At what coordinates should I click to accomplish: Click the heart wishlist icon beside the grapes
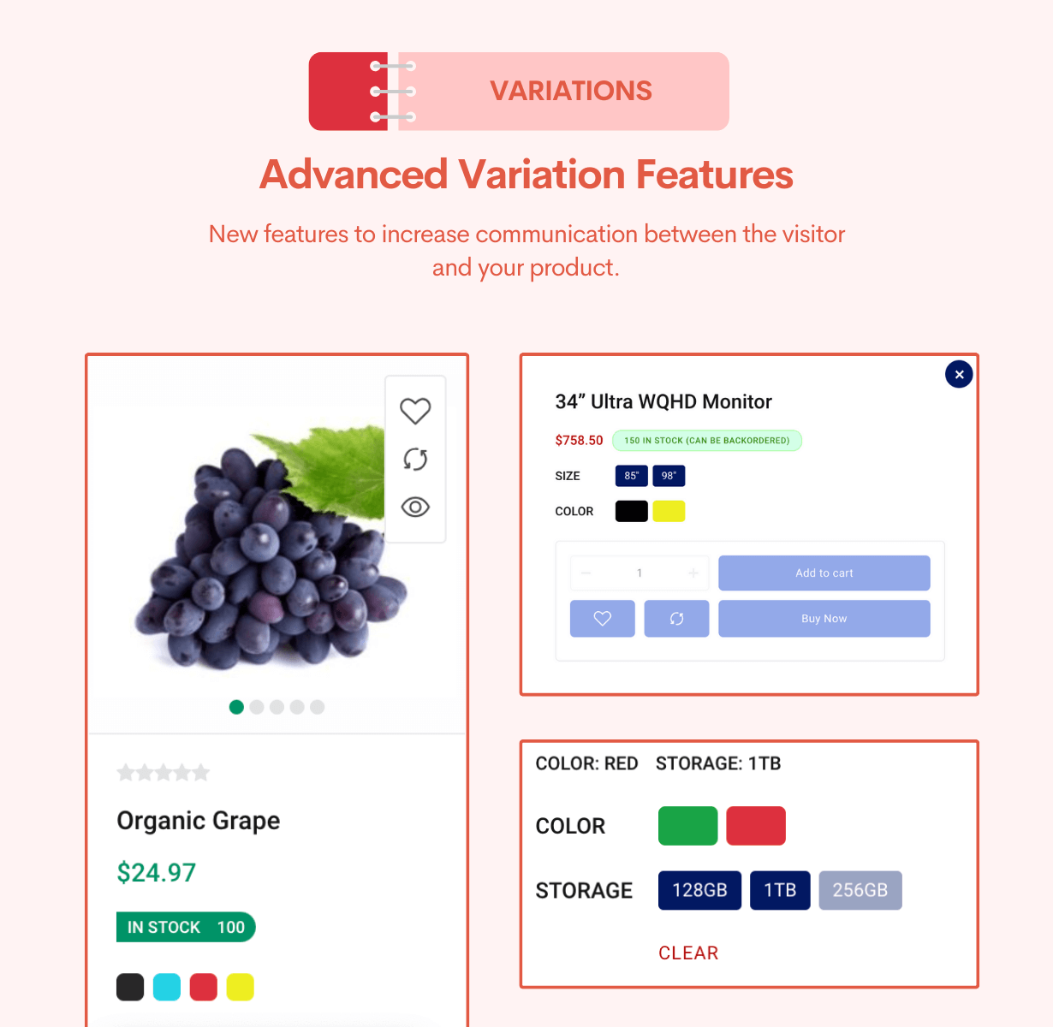415,411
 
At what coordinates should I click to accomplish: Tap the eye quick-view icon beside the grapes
415,507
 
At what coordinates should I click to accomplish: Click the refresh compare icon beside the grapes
415,460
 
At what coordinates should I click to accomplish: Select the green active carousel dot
236,707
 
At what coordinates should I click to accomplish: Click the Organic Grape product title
199,821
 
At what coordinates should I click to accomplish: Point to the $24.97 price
157,872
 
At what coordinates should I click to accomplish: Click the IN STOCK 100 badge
186,927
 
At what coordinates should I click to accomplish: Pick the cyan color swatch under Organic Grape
167,987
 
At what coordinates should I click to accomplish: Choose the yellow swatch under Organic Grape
240,987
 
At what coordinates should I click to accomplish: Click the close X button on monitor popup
959,374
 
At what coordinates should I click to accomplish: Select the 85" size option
631,476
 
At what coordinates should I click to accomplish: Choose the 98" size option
669,476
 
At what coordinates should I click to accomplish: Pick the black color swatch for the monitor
631,511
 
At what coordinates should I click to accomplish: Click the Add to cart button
824,573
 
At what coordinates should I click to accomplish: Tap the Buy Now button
824,618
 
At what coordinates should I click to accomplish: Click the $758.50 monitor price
579,441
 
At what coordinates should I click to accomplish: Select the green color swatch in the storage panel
687,826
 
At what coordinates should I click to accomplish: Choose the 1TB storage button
780,890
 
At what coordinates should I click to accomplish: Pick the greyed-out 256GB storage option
860,890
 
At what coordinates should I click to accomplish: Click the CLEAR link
688,953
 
